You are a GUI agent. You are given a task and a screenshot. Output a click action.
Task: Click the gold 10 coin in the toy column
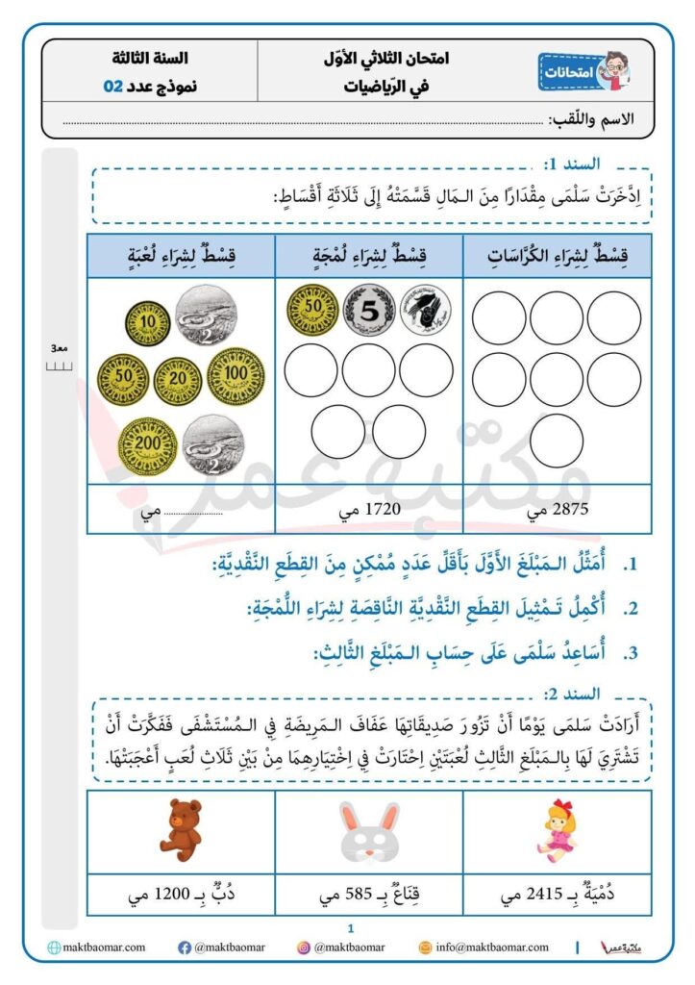(147, 319)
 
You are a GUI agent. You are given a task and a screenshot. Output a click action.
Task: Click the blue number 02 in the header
(113, 86)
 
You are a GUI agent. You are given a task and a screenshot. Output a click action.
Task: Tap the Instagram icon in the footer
(304, 947)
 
